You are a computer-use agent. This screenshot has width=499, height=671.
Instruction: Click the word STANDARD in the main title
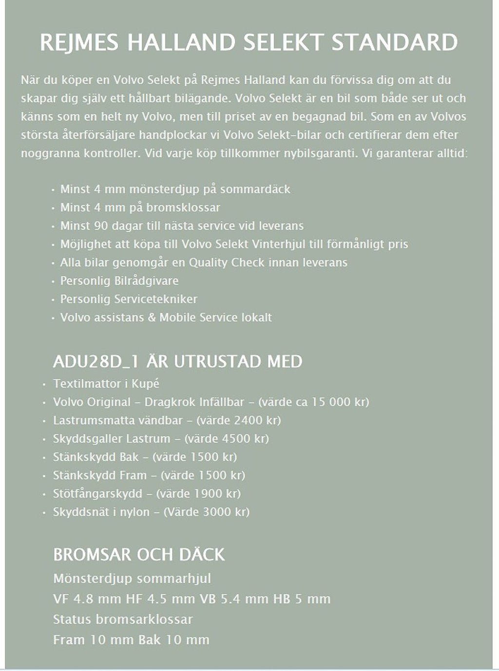[x=394, y=43]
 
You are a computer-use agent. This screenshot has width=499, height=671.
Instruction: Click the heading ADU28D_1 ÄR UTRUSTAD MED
[x=177, y=362]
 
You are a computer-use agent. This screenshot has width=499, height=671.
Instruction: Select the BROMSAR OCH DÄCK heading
[x=139, y=555]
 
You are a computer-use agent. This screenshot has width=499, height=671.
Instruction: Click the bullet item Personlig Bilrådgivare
[x=119, y=281]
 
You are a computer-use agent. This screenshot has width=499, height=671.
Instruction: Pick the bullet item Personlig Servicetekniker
[x=129, y=299]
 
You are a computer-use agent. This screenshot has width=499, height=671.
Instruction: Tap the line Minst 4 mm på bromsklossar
[x=140, y=207]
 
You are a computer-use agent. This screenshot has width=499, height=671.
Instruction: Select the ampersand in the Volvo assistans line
[x=152, y=317]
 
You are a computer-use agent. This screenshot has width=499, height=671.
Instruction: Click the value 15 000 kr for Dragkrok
[x=338, y=402]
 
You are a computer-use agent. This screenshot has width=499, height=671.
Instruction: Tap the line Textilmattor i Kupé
[x=106, y=384]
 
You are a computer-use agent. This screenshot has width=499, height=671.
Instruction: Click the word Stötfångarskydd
[x=97, y=494]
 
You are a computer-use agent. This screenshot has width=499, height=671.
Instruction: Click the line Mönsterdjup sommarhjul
[x=132, y=579]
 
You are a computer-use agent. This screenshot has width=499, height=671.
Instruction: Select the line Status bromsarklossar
[x=123, y=619]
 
